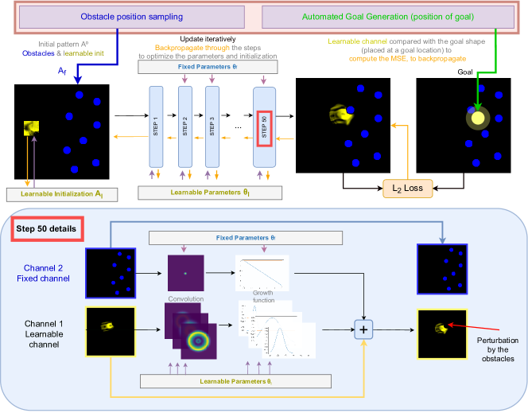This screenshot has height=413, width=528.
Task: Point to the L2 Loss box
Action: tap(406, 189)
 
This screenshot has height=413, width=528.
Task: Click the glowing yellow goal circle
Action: tap(476, 119)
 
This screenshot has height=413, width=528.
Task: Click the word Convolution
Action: tap(186, 298)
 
